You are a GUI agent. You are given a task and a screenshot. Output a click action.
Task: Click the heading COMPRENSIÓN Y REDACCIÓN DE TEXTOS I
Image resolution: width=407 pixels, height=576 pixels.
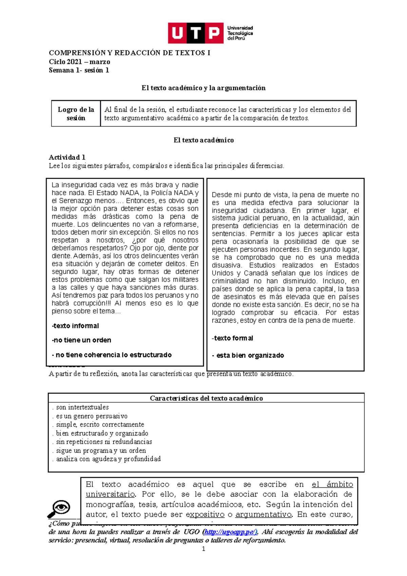tap(130, 53)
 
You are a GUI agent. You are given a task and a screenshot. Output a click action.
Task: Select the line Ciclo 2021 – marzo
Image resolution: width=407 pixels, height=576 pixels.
tap(79, 62)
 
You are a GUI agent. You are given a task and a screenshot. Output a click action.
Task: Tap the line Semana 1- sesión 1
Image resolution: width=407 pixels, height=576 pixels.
tap(79, 70)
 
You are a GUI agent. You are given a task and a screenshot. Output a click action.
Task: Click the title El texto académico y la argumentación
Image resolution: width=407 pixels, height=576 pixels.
tap(203, 88)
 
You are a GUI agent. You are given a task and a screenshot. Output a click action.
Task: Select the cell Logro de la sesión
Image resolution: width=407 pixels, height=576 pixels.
tap(76, 114)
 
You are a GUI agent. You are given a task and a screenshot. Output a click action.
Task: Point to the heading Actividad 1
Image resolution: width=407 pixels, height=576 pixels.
tap(67, 157)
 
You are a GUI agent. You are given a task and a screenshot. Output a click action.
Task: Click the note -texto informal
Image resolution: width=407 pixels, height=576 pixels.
tap(75, 326)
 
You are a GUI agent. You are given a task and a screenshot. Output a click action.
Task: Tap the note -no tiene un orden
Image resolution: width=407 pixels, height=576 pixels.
tap(81, 340)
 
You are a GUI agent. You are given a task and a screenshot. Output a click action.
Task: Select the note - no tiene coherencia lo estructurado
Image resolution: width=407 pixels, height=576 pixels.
tap(112, 355)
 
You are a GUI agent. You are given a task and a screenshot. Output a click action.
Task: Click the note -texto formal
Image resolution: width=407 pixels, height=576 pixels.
tap(233, 338)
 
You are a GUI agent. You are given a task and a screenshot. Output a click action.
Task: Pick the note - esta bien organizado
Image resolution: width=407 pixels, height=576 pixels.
tap(248, 356)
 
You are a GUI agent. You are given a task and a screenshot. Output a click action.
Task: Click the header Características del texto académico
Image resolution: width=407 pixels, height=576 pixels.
tap(206, 398)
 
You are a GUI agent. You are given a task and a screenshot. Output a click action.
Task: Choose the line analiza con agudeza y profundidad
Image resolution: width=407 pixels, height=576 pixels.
tap(108, 459)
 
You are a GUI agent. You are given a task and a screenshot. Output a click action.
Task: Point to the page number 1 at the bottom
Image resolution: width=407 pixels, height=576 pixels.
tap(203, 549)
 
